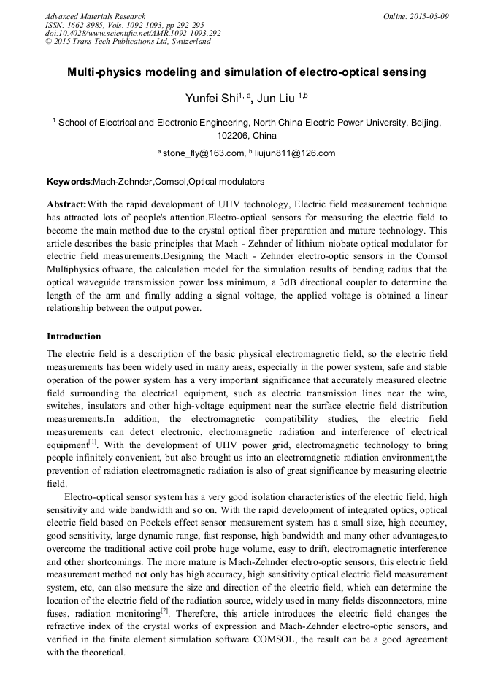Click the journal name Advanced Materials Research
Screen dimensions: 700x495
point(95,16)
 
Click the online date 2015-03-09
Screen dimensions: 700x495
point(428,16)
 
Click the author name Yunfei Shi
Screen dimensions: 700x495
point(210,98)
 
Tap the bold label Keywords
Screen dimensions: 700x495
point(68,181)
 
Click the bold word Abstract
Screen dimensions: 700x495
point(66,204)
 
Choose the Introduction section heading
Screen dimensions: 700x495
point(74,336)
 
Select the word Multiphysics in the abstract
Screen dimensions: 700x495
point(74,269)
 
